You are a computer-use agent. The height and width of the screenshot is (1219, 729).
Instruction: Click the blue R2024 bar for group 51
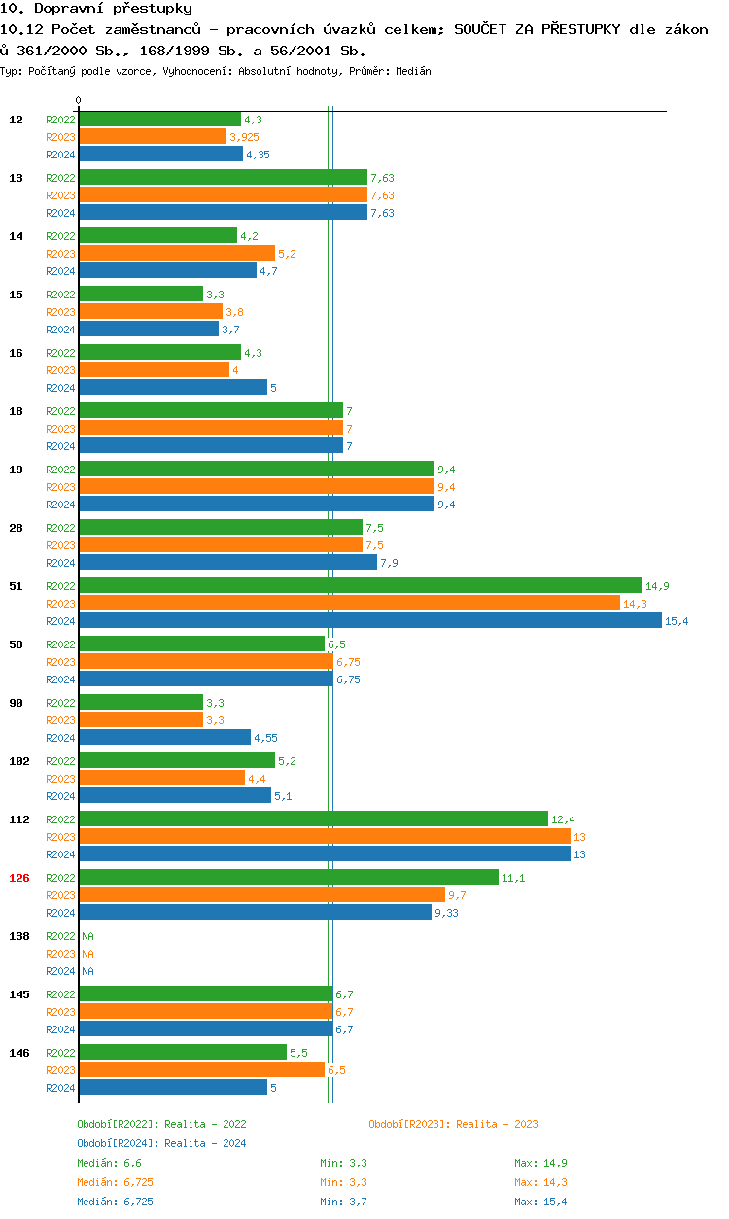click(x=369, y=621)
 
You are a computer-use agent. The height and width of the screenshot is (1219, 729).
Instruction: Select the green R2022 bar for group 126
click(x=288, y=878)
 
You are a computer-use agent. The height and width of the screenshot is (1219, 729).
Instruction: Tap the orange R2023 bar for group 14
click(x=176, y=254)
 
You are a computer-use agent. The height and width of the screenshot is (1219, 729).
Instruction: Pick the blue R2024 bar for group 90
click(x=164, y=738)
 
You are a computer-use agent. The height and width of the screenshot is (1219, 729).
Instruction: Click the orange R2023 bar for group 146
click(x=201, y=1070)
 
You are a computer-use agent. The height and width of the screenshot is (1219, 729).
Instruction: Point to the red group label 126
click(x=19, y=878)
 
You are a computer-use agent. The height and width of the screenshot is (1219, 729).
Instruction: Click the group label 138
click(x=19, y=936)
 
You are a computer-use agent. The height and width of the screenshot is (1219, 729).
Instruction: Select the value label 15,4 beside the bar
click(x=677, y=621)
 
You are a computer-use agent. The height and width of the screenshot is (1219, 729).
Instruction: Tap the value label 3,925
click(x=244, y=137)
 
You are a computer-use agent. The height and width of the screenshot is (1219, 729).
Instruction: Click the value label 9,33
click(x=446, y=913)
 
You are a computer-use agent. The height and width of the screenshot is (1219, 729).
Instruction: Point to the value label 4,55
click(x=265, y=738)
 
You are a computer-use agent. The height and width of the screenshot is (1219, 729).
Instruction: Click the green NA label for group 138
click(x=87, y=936)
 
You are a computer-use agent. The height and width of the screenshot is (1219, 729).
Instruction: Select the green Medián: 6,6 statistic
click(x=110, y=1163)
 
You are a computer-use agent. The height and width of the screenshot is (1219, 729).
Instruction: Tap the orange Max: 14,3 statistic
click(x=540, y=1182)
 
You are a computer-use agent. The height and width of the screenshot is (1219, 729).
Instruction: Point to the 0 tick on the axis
click(x=79, y=100)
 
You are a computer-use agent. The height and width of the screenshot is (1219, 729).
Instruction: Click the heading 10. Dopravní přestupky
click(x=96, y=9)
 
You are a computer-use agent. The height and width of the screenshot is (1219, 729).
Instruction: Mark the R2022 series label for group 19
click(x=60, y=470)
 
